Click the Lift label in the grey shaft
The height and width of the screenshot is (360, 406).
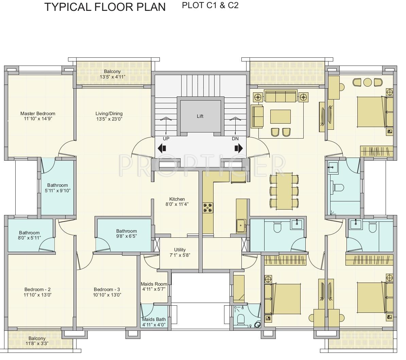point(200,116)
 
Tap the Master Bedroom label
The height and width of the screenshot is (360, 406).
point(38,113)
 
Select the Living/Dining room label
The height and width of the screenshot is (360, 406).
point(109,113)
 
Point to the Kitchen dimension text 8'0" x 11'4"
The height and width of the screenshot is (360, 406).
point(177,204)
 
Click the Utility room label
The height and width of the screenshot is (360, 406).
point(180,250)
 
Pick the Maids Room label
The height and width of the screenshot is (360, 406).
point(154,284)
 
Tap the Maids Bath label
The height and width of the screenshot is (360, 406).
point(154,319)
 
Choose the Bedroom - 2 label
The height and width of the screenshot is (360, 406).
point(37,290)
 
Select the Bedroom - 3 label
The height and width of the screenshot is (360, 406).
point(107,290)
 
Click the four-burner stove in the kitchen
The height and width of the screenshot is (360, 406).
point(208,208)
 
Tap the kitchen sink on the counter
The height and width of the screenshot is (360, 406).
point(241,226)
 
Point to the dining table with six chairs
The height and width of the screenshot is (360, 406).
point(284,191)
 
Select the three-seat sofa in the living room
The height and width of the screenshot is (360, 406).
point(281,96)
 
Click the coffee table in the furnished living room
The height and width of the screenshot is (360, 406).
point(281,116)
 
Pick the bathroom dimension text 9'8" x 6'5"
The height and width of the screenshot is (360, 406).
point(126,236)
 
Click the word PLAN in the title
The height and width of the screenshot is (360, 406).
point(151,7)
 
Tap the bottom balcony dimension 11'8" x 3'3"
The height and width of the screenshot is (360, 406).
point(37,344)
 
